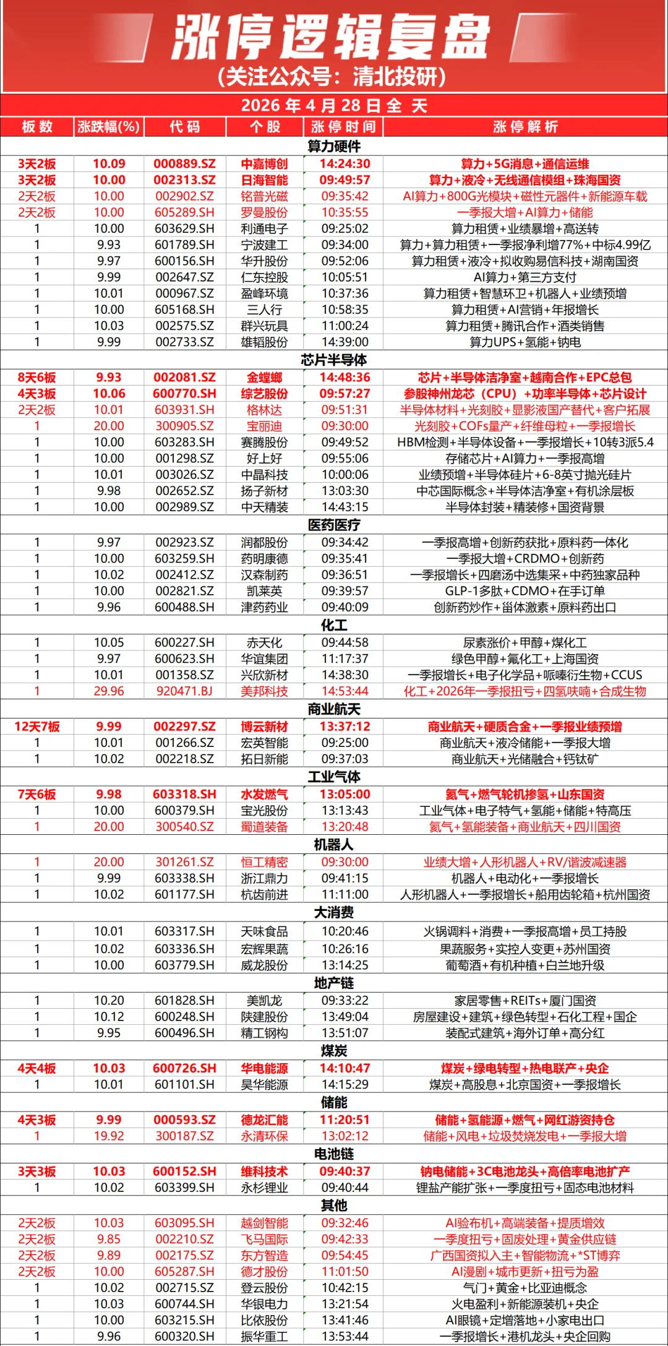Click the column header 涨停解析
point(525,127)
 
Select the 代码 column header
point(184,127)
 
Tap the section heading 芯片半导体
point(334,360)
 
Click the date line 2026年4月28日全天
point(334,106)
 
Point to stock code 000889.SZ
point(184,164)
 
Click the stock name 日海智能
point(264,180)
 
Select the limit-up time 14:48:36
point(345,377)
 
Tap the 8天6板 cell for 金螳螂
point(37,377)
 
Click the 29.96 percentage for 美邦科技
point(109,691)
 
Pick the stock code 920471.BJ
point(184,691)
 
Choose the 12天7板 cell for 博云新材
point(37,727)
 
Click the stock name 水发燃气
point(264,794)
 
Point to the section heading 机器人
point(334,845)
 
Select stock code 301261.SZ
point(184,862)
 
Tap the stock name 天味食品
point(264,931)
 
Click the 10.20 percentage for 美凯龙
point(109,1001)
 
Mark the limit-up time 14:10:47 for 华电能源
point(345,1068)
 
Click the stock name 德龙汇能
point(264,1120)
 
